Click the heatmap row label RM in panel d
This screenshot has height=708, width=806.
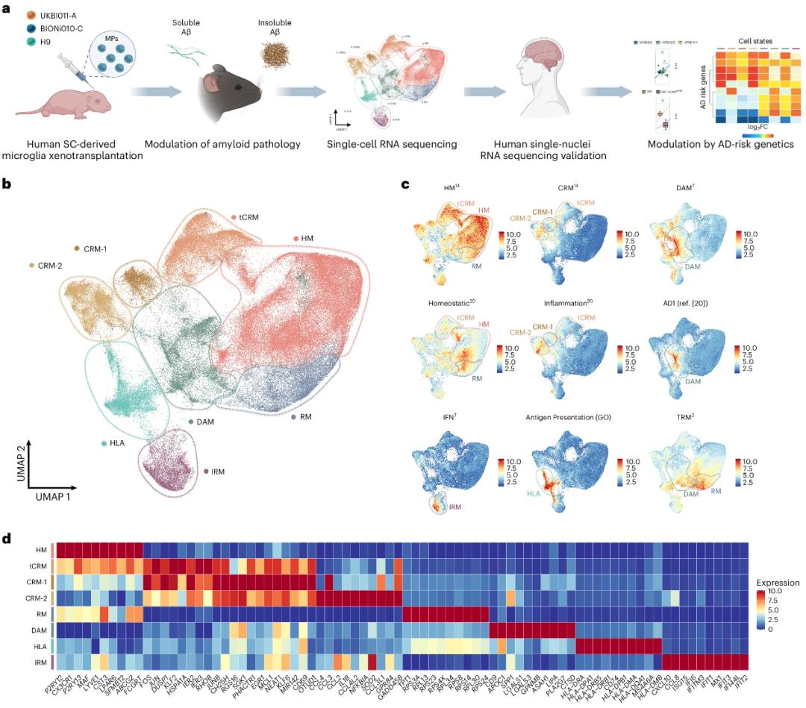coord(43,613)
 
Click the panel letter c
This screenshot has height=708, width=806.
coord(403,182)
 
